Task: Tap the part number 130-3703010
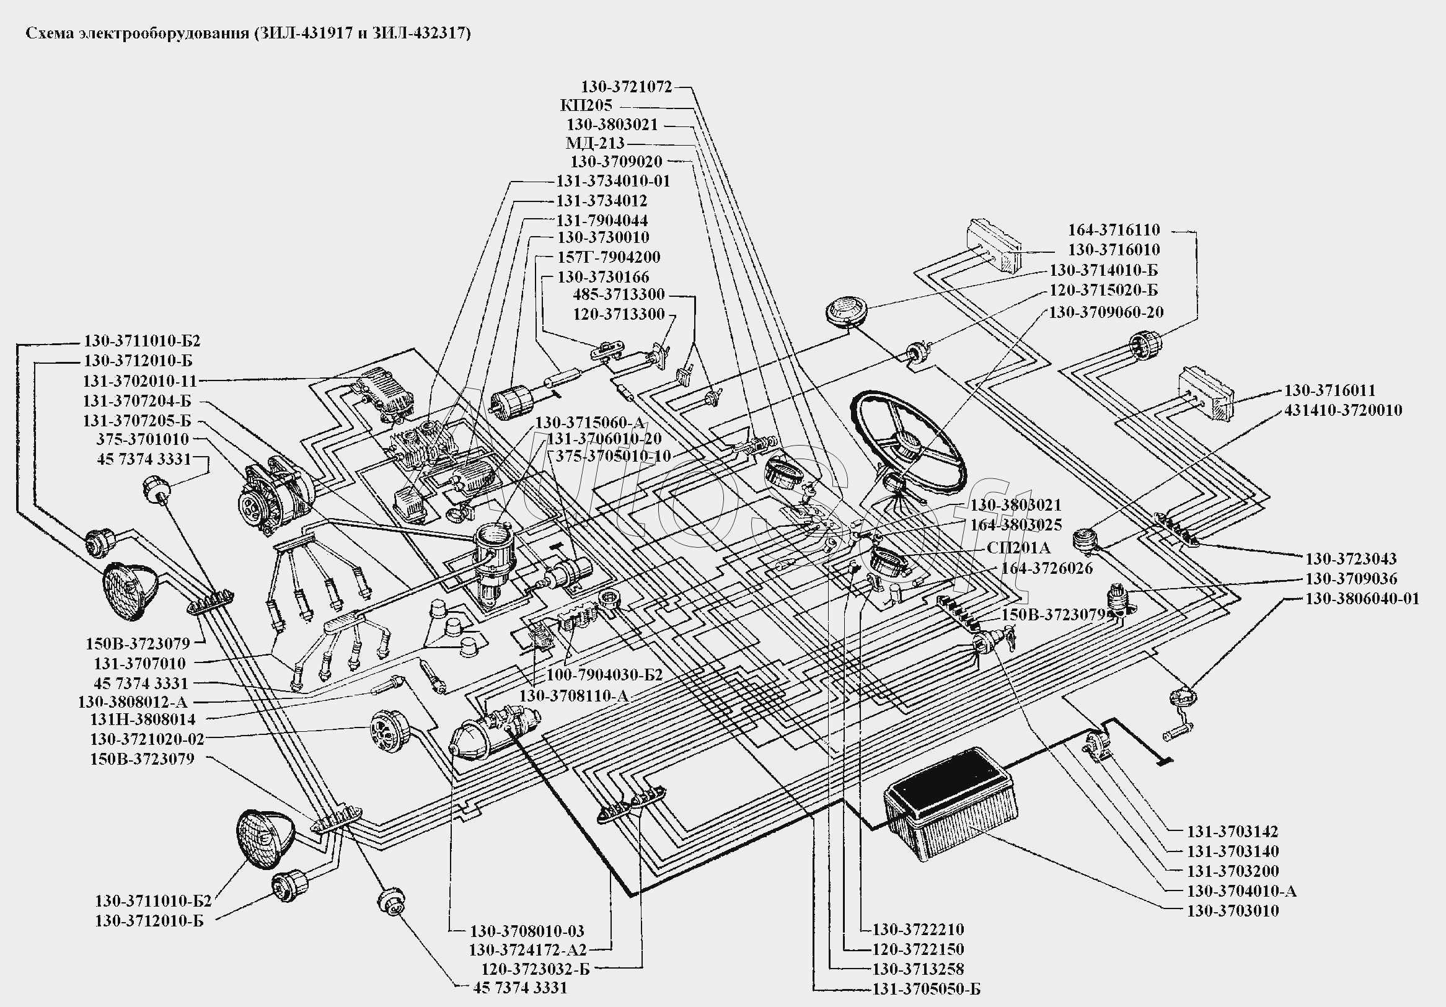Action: tap(1233, 911)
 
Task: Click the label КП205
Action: tap(586, 106)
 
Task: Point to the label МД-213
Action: tap(594, 144)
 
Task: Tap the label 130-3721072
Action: tap(626, 87)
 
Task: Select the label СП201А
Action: tap(1018, 548)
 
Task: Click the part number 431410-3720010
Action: tap(1342, 411)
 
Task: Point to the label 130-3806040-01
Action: tap(1362, 598)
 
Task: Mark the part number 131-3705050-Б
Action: tap(926, 990)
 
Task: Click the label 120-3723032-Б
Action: tap(536, 969)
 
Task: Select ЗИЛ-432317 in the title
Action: tap(421, 33)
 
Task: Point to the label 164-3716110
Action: tap(1113, 230)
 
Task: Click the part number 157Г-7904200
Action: tap(609, 258)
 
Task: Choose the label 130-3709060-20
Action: tap(1105, 312)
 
